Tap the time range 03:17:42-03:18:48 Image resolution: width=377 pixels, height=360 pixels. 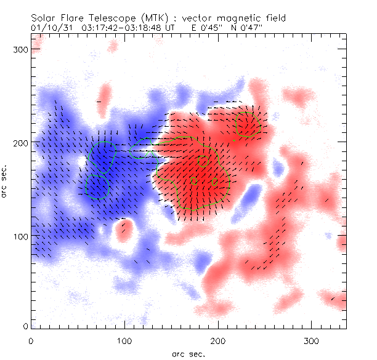point(117,28)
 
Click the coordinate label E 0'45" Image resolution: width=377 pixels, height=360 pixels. point(198,28)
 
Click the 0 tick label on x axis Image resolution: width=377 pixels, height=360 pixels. point(31,340)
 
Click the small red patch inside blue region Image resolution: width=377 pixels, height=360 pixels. point(124,230)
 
